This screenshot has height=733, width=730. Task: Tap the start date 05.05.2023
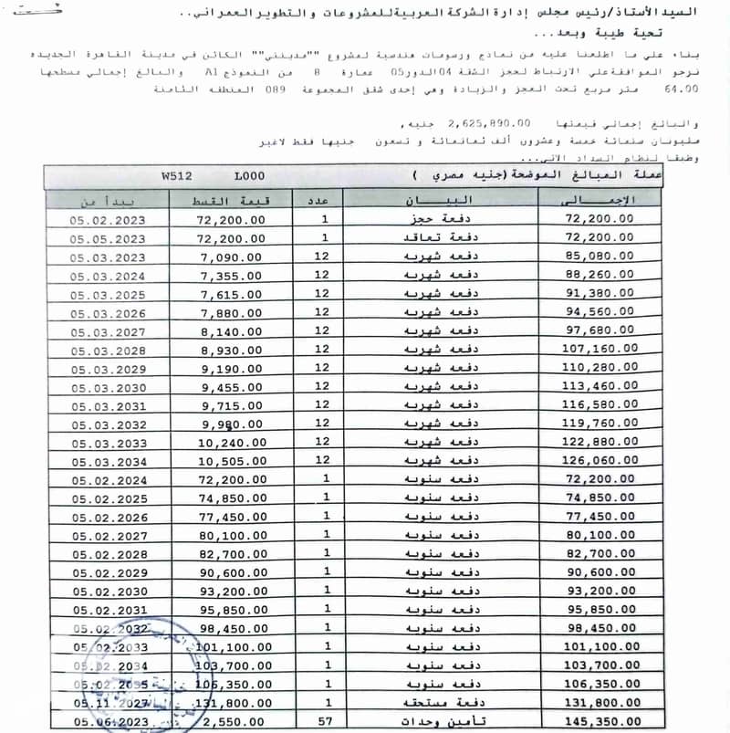pyautogui.click(x=107, y=238)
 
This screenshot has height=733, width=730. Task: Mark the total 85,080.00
pyautogui.click(x=600, y=257)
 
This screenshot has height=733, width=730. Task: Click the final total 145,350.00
pyautogui.click(x=600, y=720)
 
